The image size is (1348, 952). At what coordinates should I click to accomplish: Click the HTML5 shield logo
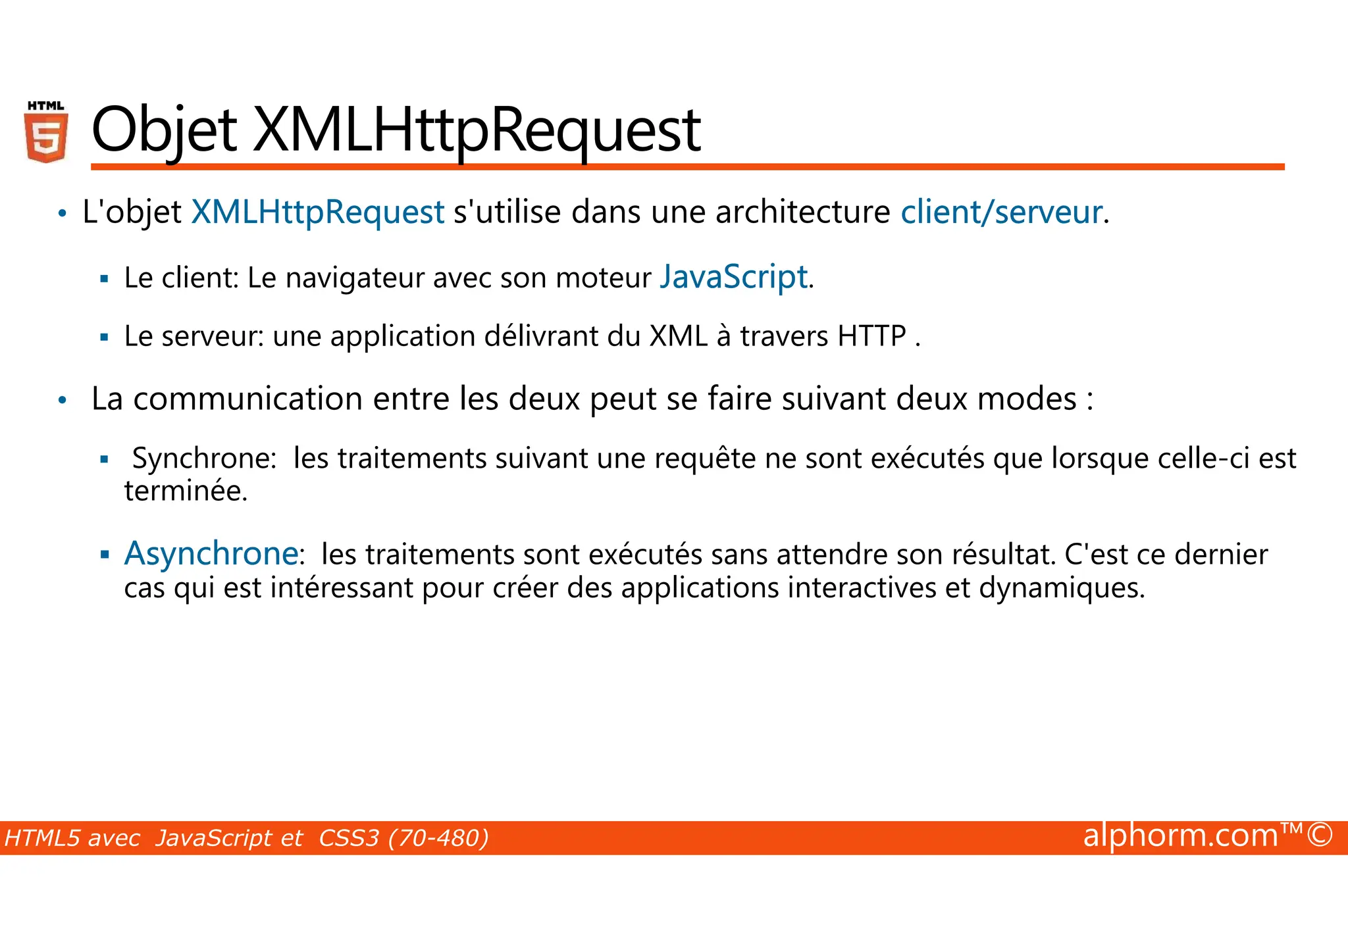tap(46, 132)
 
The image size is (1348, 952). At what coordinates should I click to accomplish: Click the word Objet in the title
tap(163, 131)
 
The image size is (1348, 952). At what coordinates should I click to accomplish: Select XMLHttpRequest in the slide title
tap(477, 131)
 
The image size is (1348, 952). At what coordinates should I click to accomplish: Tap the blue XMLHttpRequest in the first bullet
tap(317, 212)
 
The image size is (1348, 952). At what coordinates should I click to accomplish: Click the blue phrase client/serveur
tap(1000, 212)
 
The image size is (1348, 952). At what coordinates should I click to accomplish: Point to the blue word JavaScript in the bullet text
tap(733, 277)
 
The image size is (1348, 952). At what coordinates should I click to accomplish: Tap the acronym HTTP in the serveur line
tap(871, 336)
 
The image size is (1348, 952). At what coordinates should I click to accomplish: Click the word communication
tap(247, 399)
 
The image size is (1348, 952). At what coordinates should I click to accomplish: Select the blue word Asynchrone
tap(211, 553)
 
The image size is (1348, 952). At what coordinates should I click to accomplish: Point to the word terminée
tap(186, 491)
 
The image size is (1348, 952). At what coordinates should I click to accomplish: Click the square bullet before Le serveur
tap(104, 338)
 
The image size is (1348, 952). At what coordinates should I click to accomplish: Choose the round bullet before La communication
tap(63, 400)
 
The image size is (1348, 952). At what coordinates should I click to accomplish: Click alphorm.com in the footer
tap(1180, 836)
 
